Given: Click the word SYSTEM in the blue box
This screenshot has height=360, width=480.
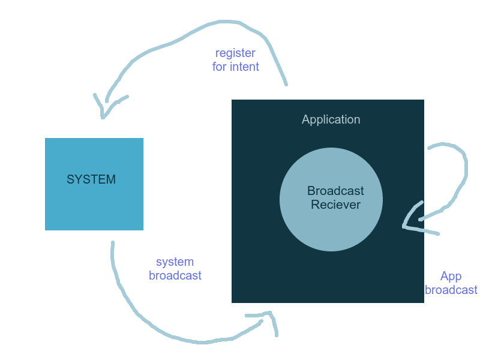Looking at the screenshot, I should pyautogui.click(x=91, y=179).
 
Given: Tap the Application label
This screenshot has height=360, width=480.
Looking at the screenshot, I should pyautogui.click(x=331, y=119).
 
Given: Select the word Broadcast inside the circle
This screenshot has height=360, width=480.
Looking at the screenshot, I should pyautogui.click(x=335, y=191).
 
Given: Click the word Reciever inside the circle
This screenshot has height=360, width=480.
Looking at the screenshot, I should pyautogui.click(x=335, y=205).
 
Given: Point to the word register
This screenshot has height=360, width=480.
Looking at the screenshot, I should pyautogui.click(x=235, y=53).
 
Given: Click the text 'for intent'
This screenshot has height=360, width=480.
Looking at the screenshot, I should pyautogui.click(x=235, y=67).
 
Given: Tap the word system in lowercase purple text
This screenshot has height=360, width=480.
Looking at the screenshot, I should pyautogui.click(x=175, y=262).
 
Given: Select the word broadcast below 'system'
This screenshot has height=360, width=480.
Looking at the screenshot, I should pyautogui.click(x=175, y=276).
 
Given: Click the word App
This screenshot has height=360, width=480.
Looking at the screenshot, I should pyautogui.click(x=451, y=277).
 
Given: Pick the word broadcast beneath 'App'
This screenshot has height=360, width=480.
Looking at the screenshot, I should pyautogui.click(x=451, y=290).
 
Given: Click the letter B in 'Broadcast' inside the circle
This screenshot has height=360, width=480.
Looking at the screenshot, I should pyautogui.click(x=311, y=191).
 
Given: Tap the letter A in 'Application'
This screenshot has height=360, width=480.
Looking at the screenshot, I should pyautogui.click(x=305, y=119).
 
